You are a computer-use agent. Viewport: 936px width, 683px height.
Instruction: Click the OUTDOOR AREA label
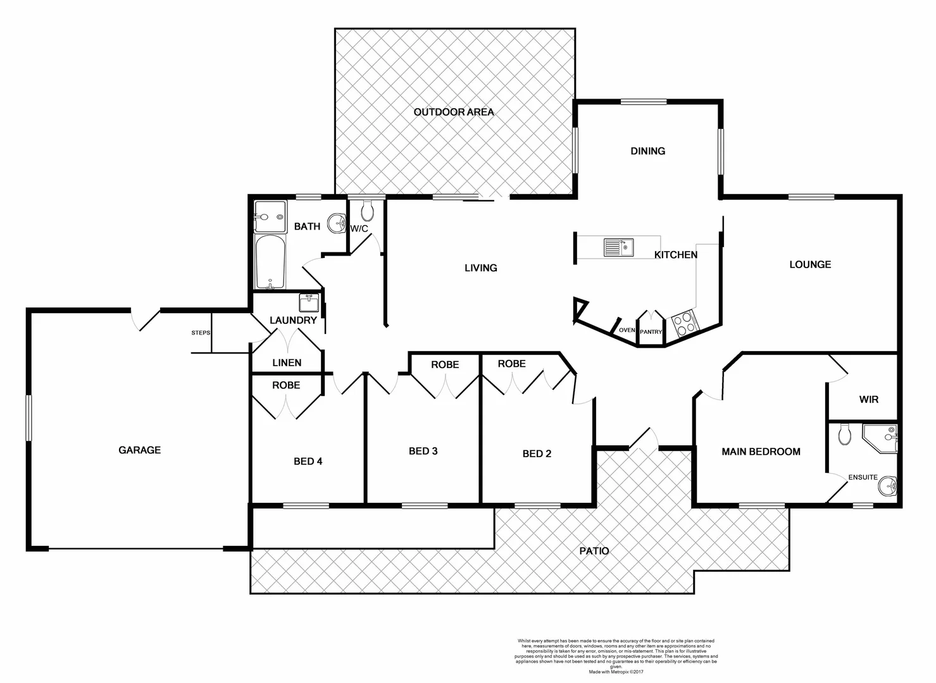[453, 112]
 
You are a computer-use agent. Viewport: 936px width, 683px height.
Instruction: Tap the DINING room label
[647, 151]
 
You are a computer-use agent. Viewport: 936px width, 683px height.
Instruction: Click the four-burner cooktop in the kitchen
[683, 325]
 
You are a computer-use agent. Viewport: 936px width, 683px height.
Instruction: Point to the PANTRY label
[651, 332]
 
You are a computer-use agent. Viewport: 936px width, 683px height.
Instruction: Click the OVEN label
[627, 330]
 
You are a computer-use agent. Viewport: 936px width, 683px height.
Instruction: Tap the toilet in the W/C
[367, 210]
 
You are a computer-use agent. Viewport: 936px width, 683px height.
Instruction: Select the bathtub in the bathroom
[270, 262]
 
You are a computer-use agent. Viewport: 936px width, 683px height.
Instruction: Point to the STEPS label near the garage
[201, 333]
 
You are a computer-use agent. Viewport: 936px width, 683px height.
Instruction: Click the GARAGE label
[140, 450]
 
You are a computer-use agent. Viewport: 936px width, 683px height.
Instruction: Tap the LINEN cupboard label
[287, 363]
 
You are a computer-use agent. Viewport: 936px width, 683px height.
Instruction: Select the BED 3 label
[423, 451]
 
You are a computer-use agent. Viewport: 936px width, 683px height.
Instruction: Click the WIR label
[868, 400]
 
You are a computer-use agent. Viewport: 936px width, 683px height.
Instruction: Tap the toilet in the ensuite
[844, 434]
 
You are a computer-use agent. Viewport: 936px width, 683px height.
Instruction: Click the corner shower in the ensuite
[882, 438]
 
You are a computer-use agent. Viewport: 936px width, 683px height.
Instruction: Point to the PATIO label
[594, 551]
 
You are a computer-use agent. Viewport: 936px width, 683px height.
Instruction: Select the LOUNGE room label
[809, 264]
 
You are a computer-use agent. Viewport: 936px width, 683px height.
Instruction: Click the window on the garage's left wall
[28, 418]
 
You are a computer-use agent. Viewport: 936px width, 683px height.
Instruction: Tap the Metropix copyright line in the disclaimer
[615, 672]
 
